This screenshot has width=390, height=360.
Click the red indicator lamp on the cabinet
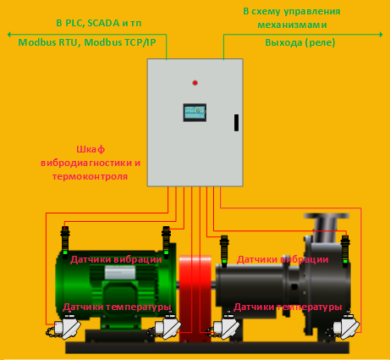[195, 83]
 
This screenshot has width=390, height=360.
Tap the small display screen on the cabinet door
[195, 113]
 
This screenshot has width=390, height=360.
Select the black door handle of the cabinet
[236, 123]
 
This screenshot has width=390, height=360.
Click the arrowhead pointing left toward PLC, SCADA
[9, 35]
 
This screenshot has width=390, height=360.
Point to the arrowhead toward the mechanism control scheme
[381, 35]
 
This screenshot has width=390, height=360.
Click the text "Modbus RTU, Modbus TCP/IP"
[87, 42]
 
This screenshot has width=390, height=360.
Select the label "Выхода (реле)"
[300, 42]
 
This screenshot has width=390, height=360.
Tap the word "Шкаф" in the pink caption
[91, 149]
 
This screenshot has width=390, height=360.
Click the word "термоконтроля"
[90, 176]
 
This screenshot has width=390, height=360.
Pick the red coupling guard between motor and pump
[195, 298]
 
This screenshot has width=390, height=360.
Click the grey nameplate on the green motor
[120, 273]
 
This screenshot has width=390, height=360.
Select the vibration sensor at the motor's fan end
[65, 242]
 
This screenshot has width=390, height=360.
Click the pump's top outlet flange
[327, 216]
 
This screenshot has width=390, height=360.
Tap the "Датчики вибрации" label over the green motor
[116, 259]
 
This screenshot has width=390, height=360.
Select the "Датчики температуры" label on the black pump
[288, 307]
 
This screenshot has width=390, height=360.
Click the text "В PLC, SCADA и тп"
[99, 23]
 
